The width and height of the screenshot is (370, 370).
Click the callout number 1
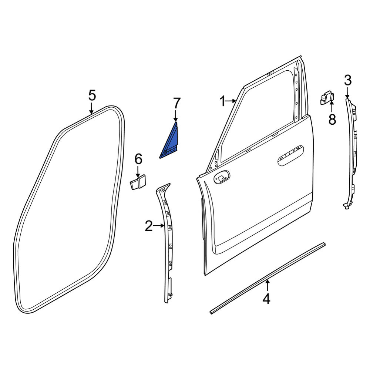pyautogui.click(x=222, y=101)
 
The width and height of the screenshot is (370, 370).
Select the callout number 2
pyautogui.click(x=149, y=226)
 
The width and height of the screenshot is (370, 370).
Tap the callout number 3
pyautogui.click(x=347, y=80)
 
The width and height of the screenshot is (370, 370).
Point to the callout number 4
pyautogui.click(x=266, y=299)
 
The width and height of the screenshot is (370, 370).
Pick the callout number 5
pyautogui.click(x=92, y=95)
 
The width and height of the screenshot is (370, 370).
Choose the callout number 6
pyautogui.click(x=138, y=159)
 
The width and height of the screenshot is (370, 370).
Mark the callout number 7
pyautogui.click(x=177, y=103)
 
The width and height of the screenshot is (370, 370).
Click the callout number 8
pyautogui.click(x=332, y=119)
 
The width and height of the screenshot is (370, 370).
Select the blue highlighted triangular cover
pyautogui.click(x=171, y=144)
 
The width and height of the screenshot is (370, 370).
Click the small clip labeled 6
pyautogui.click(x=138, y=182)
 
